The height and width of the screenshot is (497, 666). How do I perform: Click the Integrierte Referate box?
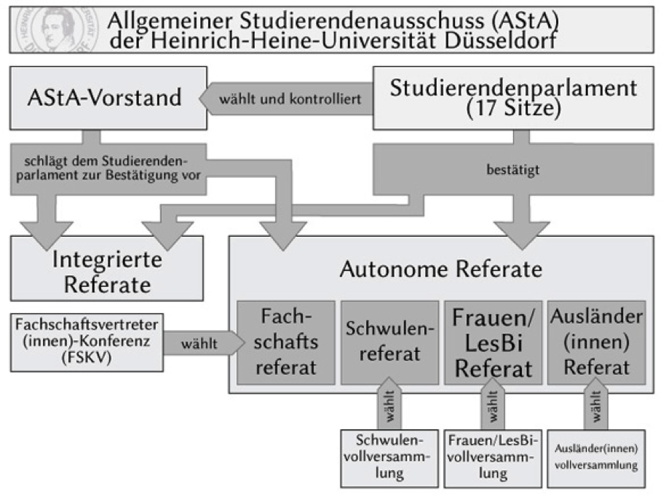(x=106, y=270)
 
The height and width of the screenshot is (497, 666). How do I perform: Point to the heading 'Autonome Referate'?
(x=440, y=270)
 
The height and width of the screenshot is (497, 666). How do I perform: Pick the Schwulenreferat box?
(x=389, y=341)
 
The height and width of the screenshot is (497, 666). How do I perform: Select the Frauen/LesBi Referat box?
(x=492, y=341)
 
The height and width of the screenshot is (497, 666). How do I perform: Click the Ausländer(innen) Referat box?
(x=595, y=341)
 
